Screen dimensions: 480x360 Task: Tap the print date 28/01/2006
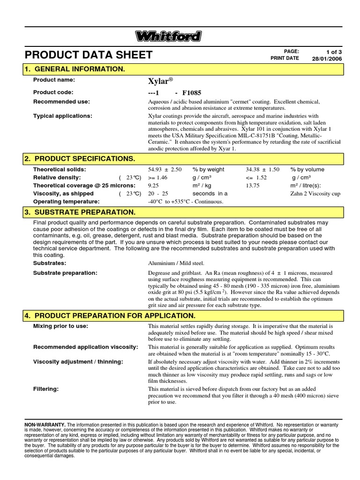(327, 59)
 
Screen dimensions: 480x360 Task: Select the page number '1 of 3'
(333, 51)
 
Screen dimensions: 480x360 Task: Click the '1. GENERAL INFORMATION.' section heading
(75, 69)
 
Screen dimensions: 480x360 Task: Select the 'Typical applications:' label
(62, 116)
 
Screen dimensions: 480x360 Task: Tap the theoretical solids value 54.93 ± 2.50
(165, 170)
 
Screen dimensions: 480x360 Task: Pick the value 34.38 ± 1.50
(262, 170)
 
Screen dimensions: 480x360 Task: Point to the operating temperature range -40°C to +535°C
(186, 202)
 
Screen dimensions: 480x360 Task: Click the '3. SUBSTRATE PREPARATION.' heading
(80, 212)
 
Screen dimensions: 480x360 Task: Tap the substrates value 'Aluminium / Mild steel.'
(176, 263)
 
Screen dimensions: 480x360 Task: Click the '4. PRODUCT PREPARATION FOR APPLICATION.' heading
(110, 315)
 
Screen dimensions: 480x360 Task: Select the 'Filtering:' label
(45, 389)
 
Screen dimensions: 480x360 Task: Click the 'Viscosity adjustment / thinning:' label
(78, 362)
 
